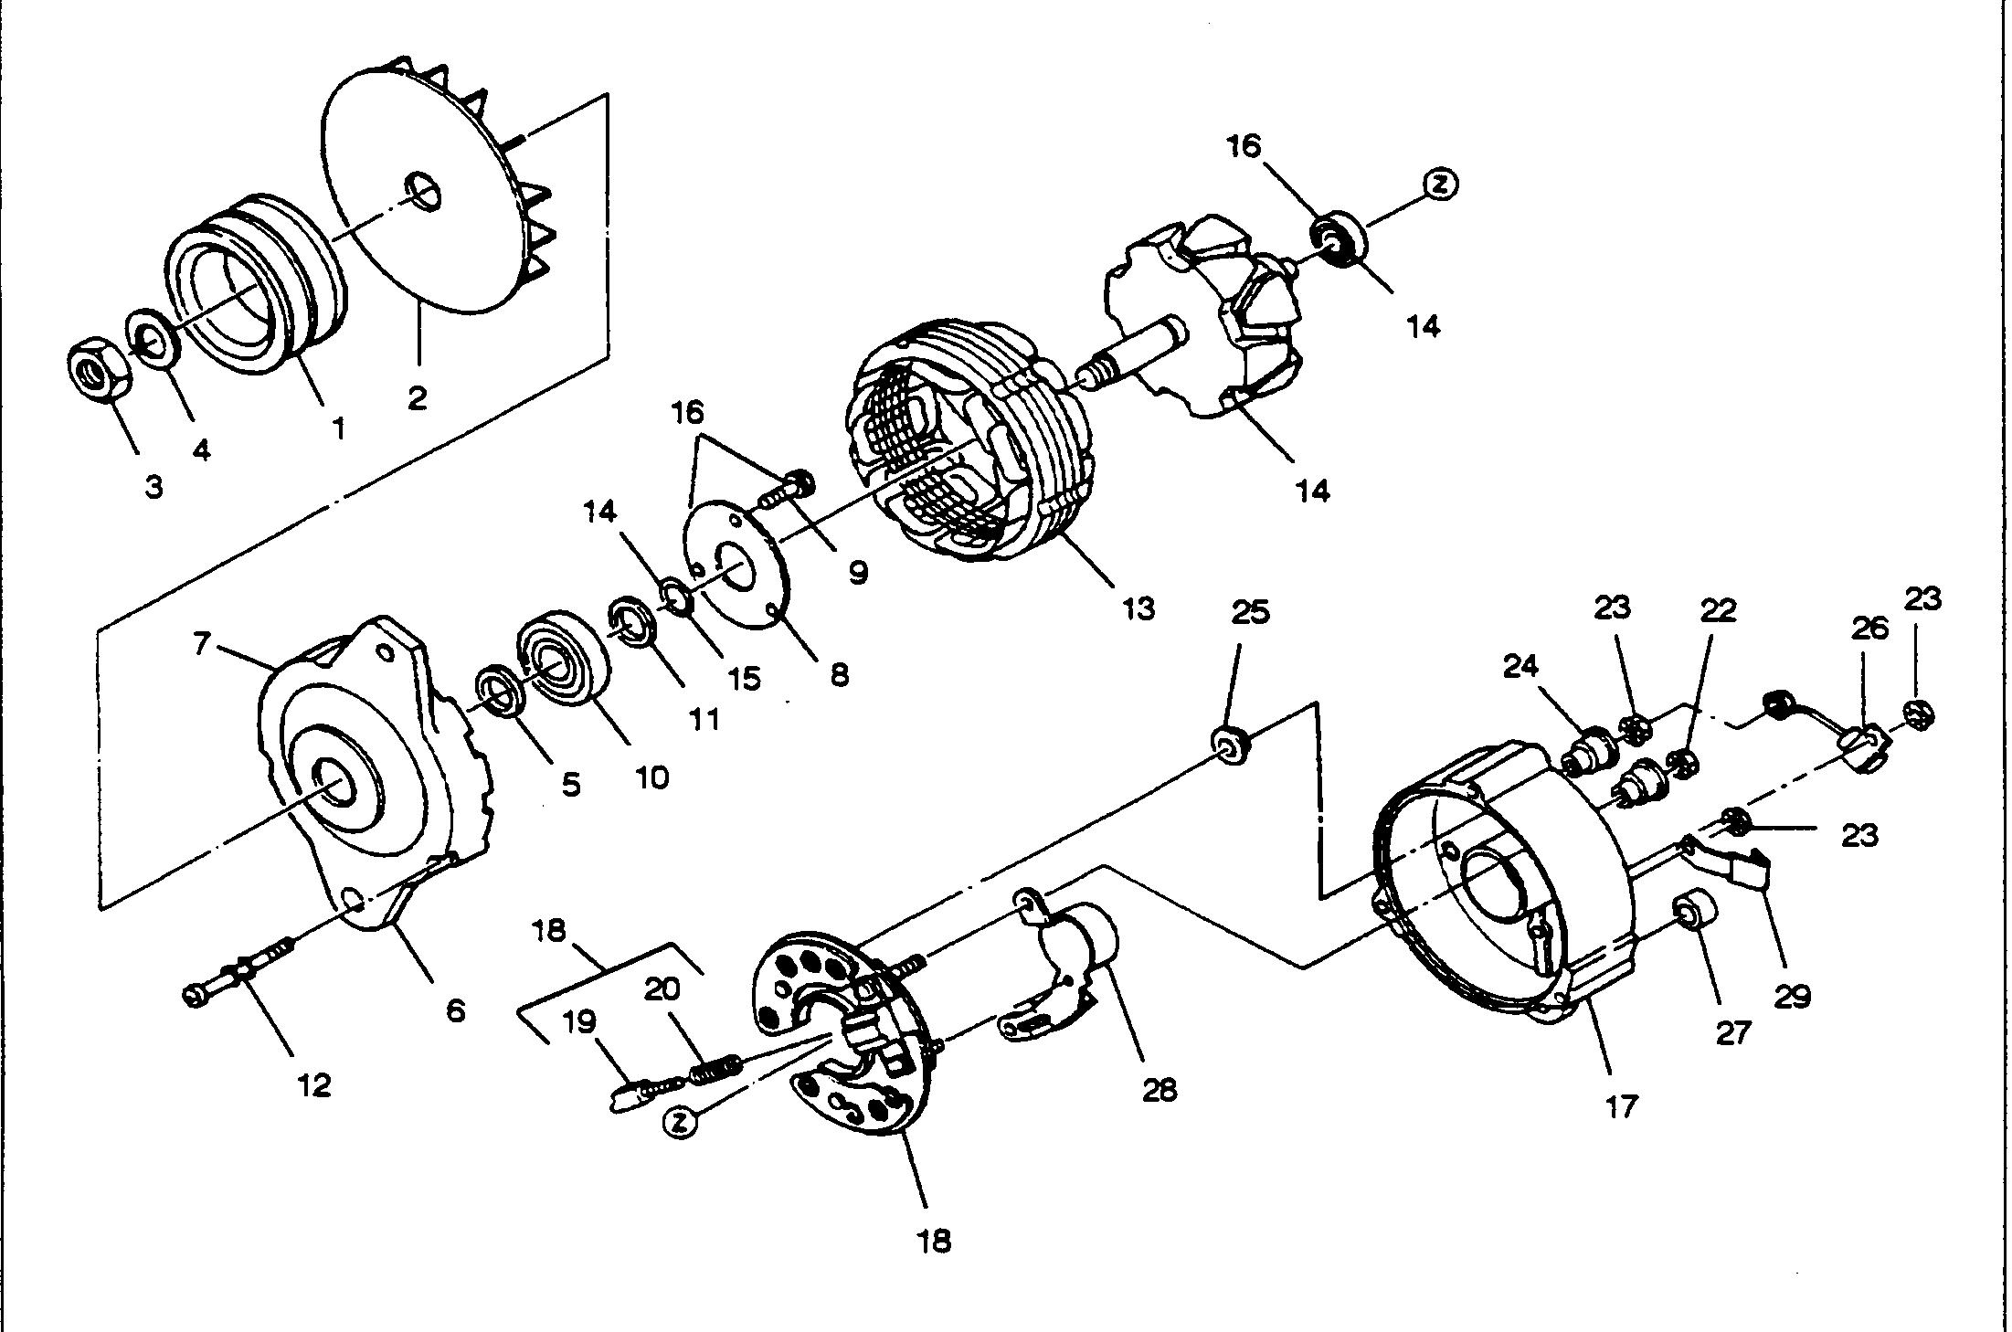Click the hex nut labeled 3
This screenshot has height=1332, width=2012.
pos(98,369)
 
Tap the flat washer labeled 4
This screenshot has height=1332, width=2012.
pos(152,340)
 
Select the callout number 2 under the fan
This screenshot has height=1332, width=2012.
pos(418,398)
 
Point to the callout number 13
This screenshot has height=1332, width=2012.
pos(1138,608)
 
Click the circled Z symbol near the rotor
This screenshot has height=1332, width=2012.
pos(1441,184)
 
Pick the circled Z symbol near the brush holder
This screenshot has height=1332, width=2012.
pos(679,1124)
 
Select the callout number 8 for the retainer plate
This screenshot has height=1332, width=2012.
pos(840,675)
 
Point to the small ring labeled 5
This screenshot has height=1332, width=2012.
pos(500,691)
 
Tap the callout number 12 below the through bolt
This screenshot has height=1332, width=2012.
pos(313,1085)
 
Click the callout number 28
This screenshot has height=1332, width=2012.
pos(1160,1089)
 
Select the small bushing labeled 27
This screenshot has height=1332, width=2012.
pos(1693,914)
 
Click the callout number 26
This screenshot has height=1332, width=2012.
pos(1869,628)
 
